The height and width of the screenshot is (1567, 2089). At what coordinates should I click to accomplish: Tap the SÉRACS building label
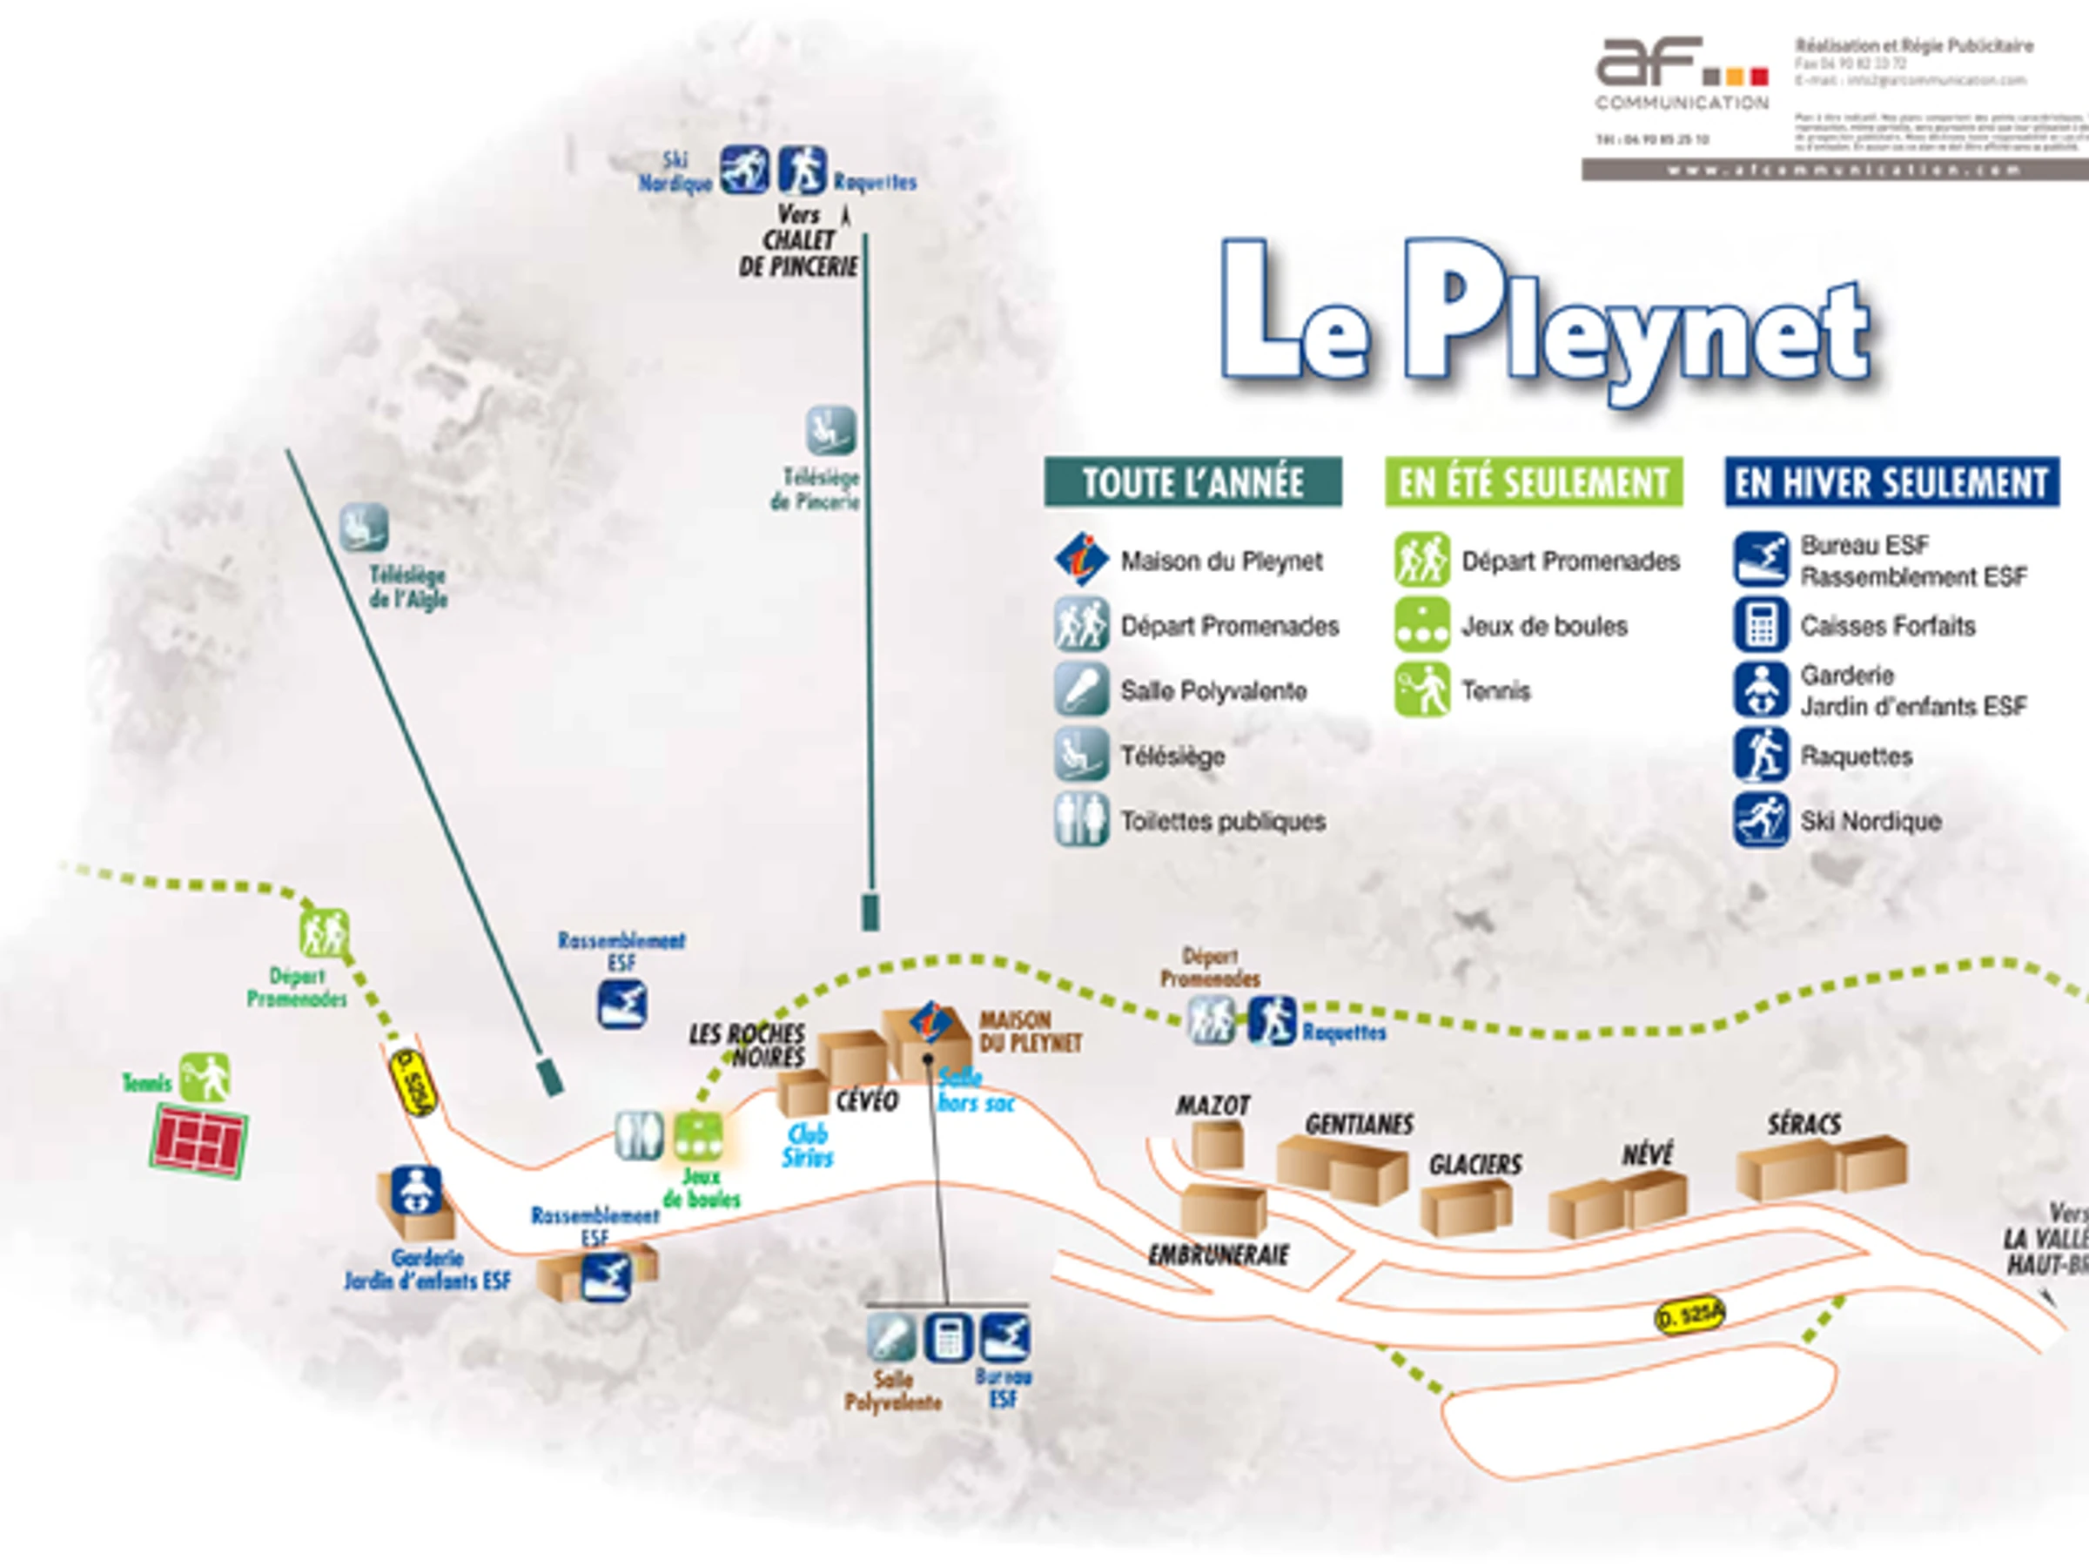pyautogui.click(x=1804, y=1124)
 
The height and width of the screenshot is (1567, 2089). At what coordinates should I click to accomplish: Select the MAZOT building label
pyautogui.click(x=1212, y=1105)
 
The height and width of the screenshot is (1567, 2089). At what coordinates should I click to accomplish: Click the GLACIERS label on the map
pyautogui.click(x=1475, y=1165)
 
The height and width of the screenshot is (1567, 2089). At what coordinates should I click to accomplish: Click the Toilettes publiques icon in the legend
pyautogui.click(x=1081, y=820)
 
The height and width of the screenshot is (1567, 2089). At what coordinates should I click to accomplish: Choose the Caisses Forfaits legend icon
pyautogui.click(x=1760, y=625)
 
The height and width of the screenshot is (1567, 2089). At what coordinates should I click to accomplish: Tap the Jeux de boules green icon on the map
pyautogui.click(x=698, y=1136)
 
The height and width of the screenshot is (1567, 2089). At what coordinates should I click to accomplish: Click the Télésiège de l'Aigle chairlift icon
pyautogui.click(x=364, y=526)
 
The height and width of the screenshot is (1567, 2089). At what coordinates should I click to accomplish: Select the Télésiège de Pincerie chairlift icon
pyautogui.click(x=830, y=430)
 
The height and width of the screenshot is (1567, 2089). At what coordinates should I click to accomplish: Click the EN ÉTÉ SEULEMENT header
pyautogui.click(x=1534, y=482)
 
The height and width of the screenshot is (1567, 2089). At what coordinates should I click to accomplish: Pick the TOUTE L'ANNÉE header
pyautogui.click(x=1192, y=482)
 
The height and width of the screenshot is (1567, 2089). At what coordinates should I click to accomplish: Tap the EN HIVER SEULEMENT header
pyautogui.click(x=1891, y=482)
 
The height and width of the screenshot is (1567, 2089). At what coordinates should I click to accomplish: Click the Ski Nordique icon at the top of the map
pyautogui.click(x=744, y=170)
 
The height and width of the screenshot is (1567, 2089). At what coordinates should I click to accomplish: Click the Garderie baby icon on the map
pyautogui.click(x=415, y=1191)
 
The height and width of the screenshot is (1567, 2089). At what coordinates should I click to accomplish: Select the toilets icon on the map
pyautogui.click(x=638, y=1135)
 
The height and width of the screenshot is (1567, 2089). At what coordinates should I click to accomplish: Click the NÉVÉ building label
pyautogui.click(x=1647, y=1153)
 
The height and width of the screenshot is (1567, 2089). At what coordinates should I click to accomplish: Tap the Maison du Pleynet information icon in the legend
pyautogui.click(x=1081, y=559)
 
